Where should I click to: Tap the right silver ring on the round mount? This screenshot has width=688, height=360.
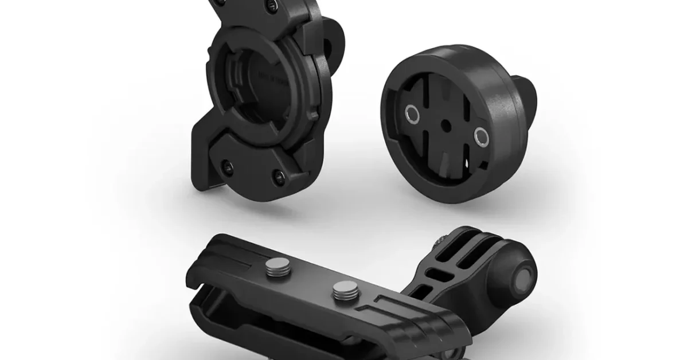pos(480,135)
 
